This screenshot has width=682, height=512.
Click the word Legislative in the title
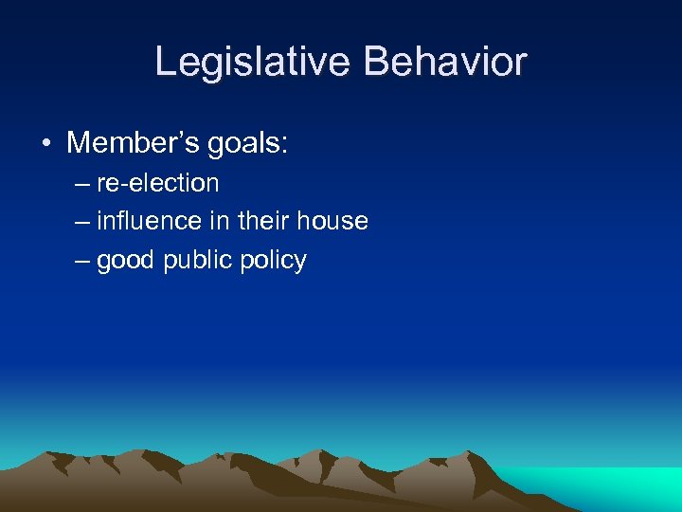coord(252,63)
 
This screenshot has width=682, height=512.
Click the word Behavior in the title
coord(445,63)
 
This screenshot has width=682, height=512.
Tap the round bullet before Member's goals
coord(45,144)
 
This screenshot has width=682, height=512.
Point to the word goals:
coord(242,145)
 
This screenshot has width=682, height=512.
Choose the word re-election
coord(157,183)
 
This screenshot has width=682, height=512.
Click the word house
coord(332,222)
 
